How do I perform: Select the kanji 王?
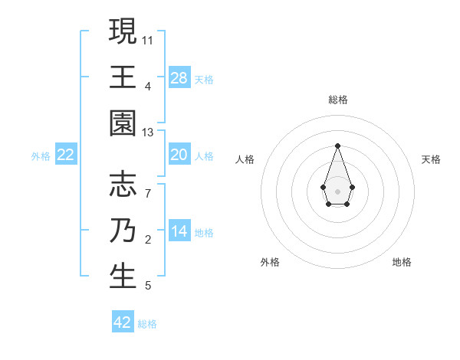coord(123,77)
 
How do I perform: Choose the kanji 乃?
coord(123,231)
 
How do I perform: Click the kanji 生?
coord(123,277)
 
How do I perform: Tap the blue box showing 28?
coord(179,78)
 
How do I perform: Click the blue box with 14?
coord(179,232)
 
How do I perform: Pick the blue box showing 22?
coord(66,155)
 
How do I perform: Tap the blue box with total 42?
coord(123,322)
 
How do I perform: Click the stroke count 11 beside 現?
coord(148,38)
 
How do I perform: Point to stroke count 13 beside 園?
coord(148,133)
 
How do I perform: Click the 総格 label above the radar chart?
coord(337,100)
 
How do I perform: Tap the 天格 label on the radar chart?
coord(432,159)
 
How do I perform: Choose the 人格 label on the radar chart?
coord(245,159)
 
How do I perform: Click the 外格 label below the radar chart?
coord(270,262)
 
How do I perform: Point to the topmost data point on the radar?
coord(337,146)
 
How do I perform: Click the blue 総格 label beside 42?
coord(147,324)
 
